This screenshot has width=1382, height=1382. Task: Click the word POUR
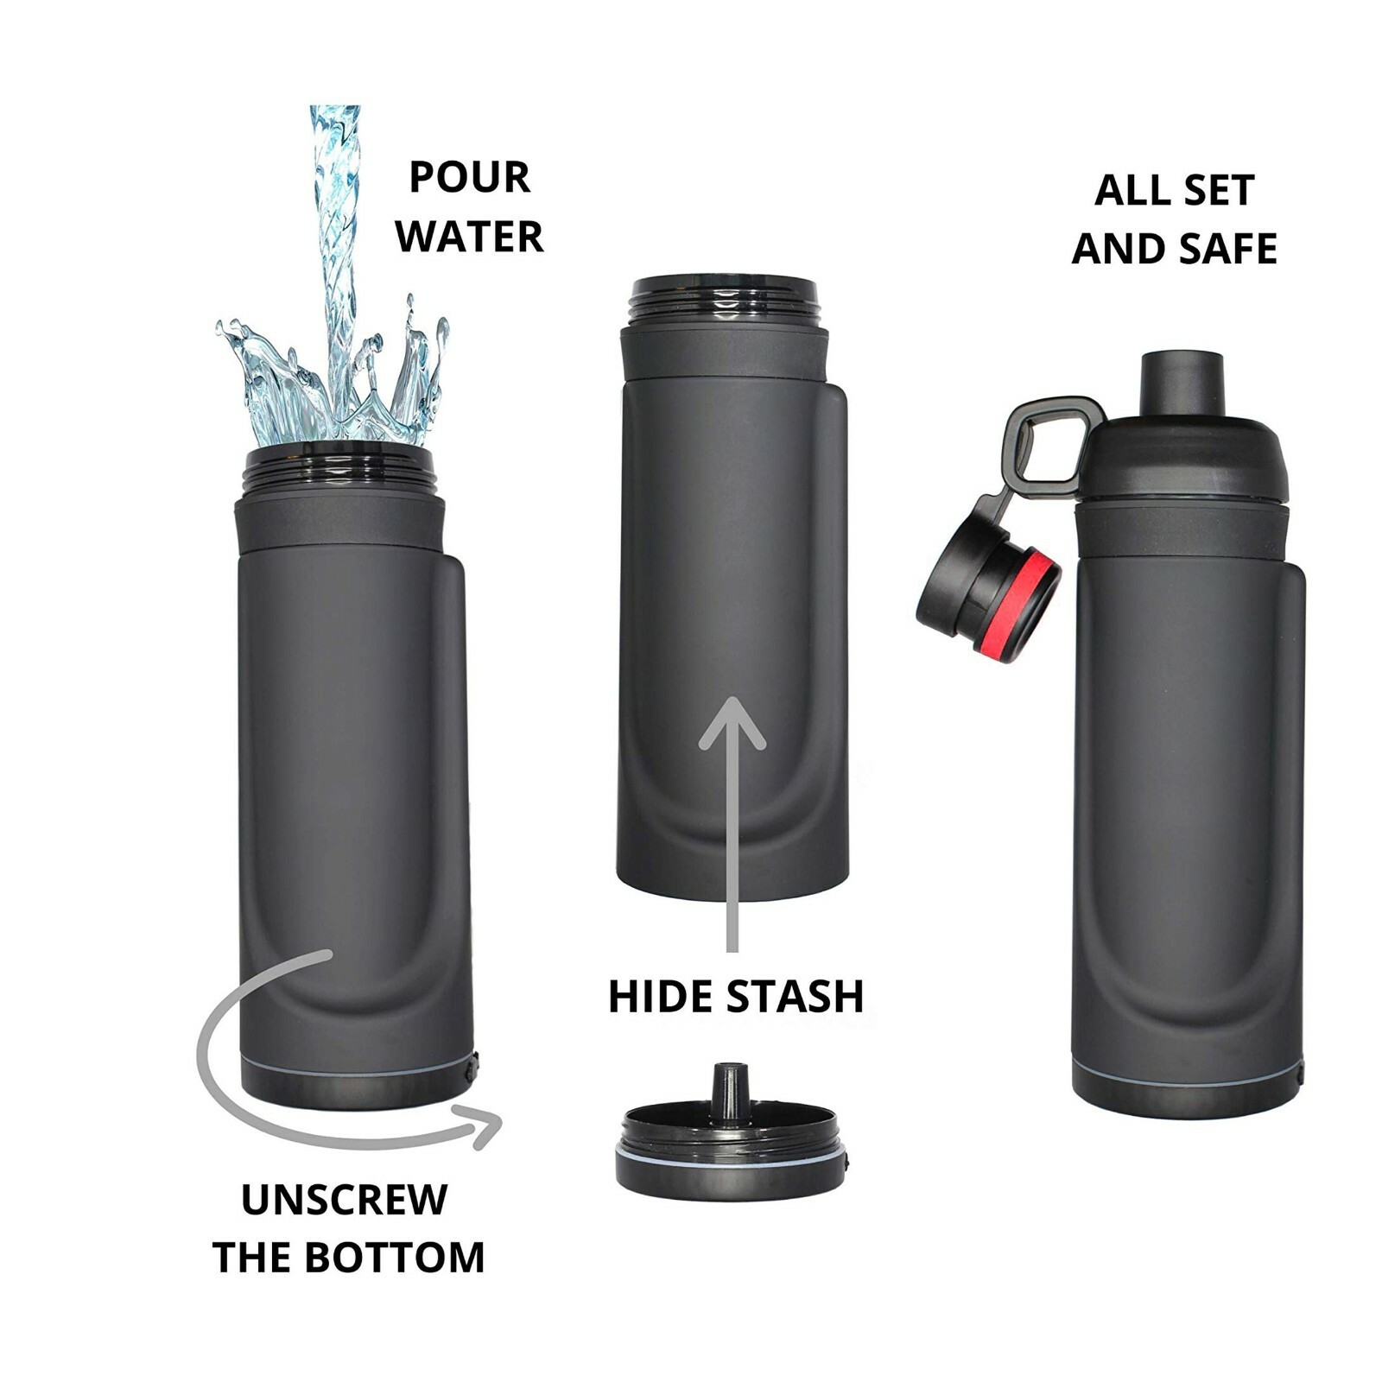(x=469, y=177)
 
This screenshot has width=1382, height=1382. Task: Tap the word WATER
(x=470, y=236)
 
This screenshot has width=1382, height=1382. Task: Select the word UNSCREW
(x=344, y=1200)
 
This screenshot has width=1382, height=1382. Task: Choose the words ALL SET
(x=1173, y=190)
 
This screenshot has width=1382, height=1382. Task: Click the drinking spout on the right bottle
(x=1182, y=382)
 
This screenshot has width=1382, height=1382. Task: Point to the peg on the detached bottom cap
(x=730, y=1090)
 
